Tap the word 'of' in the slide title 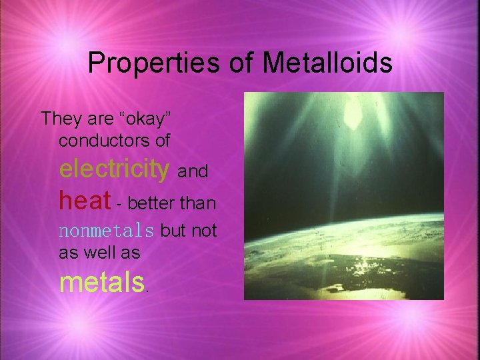click(240, 63)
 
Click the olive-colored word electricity click(114, 169)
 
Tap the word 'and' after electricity click(193, 172)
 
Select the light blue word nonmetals click(107, 231)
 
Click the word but click(173, 231)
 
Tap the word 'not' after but click(204, 231)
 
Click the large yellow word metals click(101, 283)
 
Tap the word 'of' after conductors click(163, 141)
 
